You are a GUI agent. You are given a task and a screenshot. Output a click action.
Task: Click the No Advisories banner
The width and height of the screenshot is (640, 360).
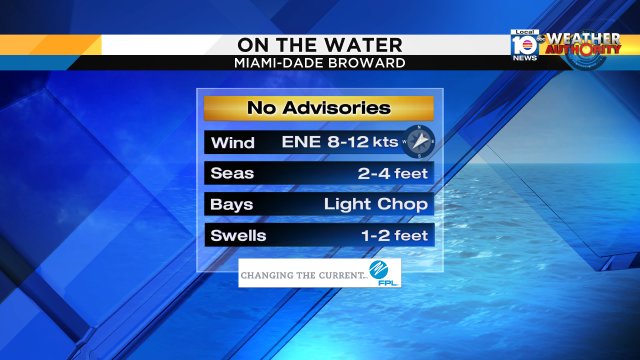point(319,108)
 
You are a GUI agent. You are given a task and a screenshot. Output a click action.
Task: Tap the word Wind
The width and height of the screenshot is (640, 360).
point(233,142)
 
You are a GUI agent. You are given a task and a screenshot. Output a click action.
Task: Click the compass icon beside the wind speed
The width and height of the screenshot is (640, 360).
point(419,141)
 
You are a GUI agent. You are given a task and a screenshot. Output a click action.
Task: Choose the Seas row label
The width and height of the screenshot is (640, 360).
point(232,173)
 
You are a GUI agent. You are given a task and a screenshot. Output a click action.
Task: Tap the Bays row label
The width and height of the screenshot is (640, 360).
point(232,204)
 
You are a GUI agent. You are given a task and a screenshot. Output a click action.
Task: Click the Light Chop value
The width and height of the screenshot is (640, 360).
point(376,204)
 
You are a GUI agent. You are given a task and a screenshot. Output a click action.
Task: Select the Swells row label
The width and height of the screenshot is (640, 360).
point(239,236)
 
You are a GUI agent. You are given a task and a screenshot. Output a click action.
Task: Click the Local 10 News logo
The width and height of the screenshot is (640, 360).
point(524,46)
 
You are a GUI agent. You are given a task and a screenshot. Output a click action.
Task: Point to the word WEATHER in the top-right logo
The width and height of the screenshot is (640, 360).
point(584,38)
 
